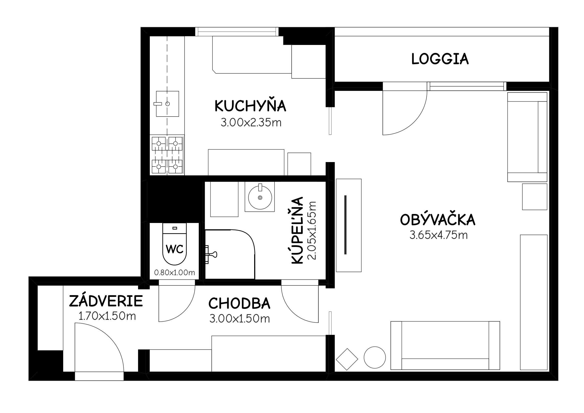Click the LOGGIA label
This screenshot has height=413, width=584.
[x=440, y=59]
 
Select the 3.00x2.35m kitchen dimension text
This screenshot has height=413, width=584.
[x=251, y=123]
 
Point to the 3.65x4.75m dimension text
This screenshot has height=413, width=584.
[x=438, y=235]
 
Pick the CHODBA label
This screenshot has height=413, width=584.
[x=239, y=303]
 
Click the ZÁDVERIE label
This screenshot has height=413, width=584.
[x=106, y=301]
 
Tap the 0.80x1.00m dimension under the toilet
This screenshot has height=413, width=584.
[x=175, y=273]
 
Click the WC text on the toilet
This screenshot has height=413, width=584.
[x=175, y=249]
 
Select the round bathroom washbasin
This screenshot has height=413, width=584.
[x=260, y=197]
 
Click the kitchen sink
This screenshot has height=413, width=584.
[x=167, y=104]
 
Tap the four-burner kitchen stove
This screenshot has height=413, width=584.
[x=167, y=155]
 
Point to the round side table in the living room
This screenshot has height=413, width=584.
[x=375, y=357]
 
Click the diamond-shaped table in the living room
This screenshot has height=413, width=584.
[x=347, y=359]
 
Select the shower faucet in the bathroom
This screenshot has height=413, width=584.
[x=211, y=254]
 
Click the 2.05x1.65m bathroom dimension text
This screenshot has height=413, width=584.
[x=312, y=230]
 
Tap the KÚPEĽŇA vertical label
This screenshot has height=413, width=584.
[x=297, y=230]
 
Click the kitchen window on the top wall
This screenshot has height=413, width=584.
[x=237, y=32]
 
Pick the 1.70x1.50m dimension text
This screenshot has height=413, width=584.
[x=107, y=316]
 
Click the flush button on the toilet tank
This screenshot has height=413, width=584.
[x=175, y=228]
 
